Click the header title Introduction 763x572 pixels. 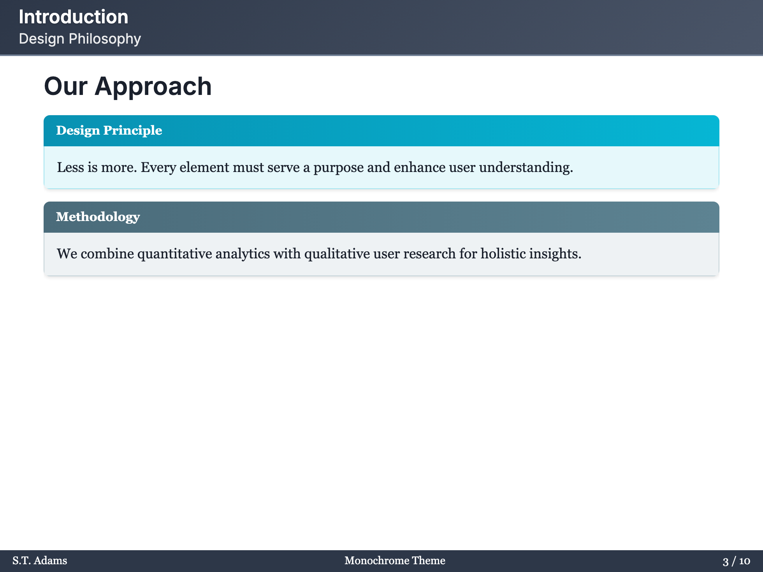click(74, 17)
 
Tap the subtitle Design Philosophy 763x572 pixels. click(80, 39)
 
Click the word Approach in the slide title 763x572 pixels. click(153, 86)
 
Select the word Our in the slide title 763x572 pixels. click(66, 86)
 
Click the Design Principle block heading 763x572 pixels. click(109, 130)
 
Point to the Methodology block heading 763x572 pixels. click(98, 217)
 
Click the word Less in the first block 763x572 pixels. click(70, 167)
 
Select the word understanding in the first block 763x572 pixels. click(526, 167)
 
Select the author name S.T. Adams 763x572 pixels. click(40, 561)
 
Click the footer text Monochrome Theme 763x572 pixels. click(395, 561)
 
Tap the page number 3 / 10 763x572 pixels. click(737, 561)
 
